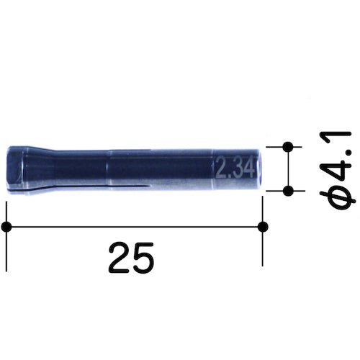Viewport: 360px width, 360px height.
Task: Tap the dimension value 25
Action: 132,258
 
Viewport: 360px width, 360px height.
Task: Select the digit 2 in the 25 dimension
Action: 120,258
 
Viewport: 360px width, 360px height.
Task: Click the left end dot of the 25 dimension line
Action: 7,227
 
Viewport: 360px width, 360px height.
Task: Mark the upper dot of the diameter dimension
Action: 289,147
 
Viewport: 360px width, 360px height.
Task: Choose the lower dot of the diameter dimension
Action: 289,191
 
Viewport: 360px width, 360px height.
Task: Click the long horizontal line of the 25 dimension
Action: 135,227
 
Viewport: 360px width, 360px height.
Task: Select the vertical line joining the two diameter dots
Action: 289,168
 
